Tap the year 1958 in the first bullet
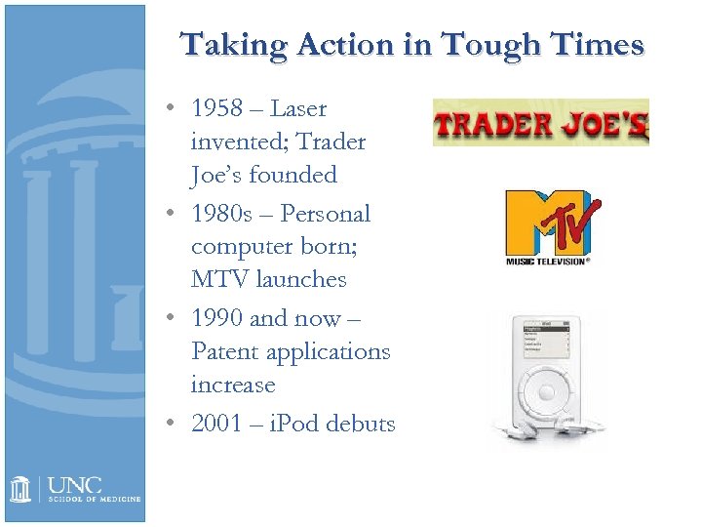click(x=218, y=108)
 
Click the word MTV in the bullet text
click(x=219, y=279)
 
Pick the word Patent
click(x=225, y=351)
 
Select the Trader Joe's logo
click(x=540, y=123)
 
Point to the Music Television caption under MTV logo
click(x=547, y=262)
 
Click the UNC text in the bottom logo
click(x=74, y=484)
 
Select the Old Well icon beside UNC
click(x=20, y=488)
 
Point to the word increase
click(x=233, y=385)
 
